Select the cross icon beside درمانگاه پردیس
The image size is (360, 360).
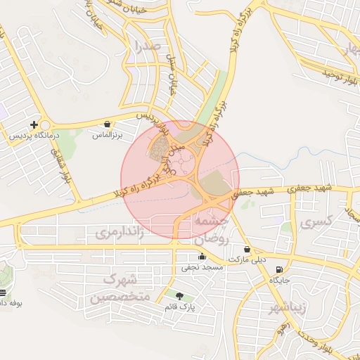[x=34, y=124]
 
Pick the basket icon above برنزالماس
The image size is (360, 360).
[x=107, y=124]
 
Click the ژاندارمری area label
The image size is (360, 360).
[x=120, y=232]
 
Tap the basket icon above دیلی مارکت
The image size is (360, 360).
[x=247, y=249]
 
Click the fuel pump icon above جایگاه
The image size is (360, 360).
[x=280, y=269]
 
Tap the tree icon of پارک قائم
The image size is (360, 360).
[x=179, y=297]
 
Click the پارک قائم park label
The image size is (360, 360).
[x=181, y=307]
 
